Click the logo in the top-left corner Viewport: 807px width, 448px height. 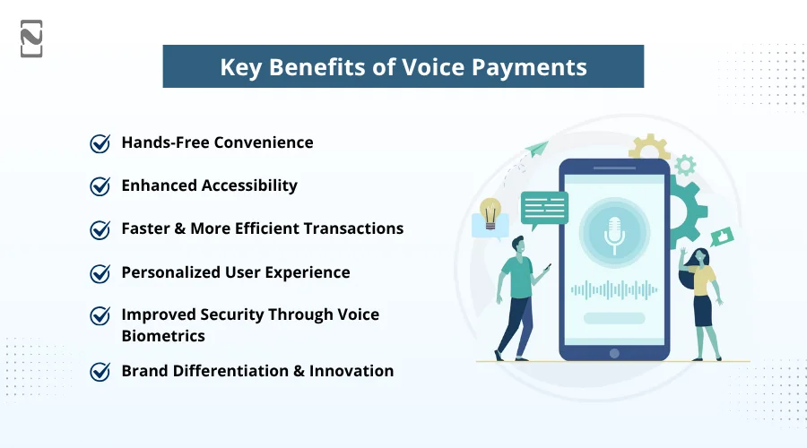31,39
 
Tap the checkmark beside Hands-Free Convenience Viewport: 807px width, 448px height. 100,143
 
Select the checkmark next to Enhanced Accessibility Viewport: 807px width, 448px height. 100,186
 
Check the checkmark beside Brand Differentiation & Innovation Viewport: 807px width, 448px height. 100,371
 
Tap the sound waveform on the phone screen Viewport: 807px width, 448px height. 614,289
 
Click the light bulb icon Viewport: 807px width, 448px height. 490,214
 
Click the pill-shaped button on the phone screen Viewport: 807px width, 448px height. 614,318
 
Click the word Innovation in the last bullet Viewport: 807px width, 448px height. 351,371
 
